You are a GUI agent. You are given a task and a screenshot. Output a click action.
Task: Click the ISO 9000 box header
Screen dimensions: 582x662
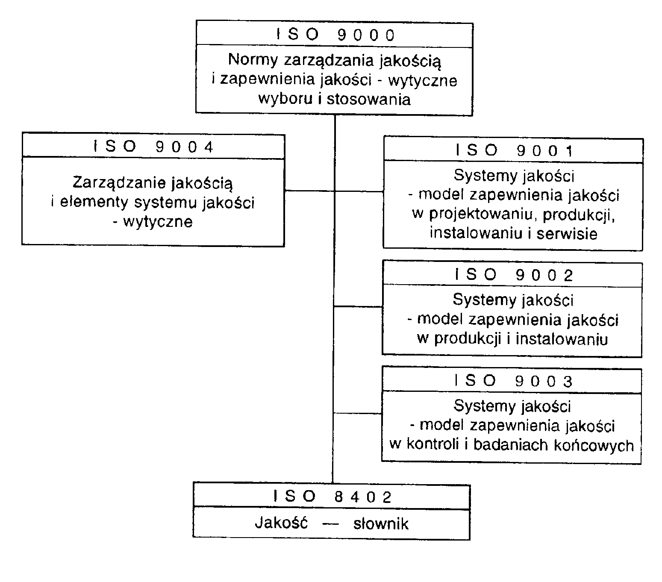click(x=335, y=35)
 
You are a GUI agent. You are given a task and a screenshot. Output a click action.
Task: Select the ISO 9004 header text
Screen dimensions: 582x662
click(x=153, y=147)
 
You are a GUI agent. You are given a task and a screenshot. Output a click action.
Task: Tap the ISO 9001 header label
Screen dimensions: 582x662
click(x=514, y=150)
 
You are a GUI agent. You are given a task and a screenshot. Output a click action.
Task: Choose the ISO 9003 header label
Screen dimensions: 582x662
click(x=513, y=381)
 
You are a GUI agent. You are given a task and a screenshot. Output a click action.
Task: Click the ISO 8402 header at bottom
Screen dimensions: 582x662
click(x=332, y=497)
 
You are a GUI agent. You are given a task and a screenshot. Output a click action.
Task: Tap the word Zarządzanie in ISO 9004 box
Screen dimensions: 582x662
click(x=119, y=183)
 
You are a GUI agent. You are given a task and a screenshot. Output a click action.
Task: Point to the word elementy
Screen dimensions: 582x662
click(x=94, y=202)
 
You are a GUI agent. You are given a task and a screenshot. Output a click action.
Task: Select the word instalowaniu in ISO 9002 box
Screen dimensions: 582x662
click(x=562, y=339)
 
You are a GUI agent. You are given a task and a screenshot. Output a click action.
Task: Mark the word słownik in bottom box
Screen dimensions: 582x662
click(x=381, y=524)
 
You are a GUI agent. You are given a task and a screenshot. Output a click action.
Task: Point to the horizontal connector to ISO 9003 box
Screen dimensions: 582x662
click(x=357, y=413)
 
